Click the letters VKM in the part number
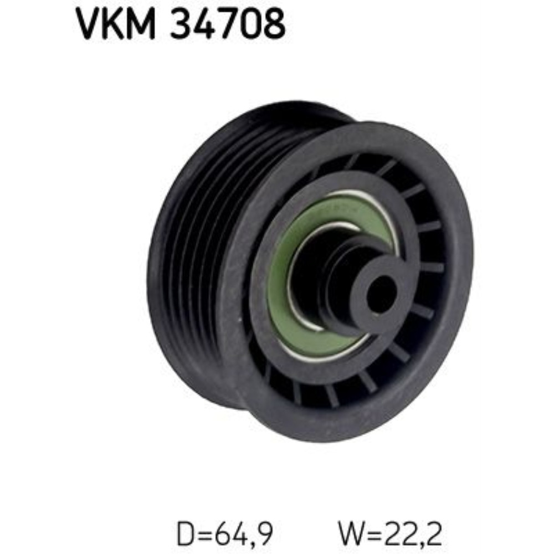click(x=116, y=24)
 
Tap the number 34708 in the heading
click(x=228, y=24)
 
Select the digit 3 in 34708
click(x=182, y=24)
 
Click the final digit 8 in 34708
click(x=274, y=24)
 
